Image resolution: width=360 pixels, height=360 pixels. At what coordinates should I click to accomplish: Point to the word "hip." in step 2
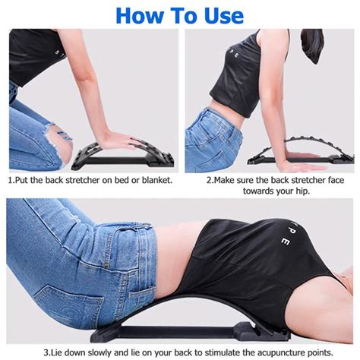[x=303, y=191]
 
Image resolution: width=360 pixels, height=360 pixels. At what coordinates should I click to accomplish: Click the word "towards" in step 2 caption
[x=258, y=191]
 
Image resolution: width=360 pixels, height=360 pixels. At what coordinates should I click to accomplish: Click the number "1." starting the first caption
[x=11, y=180]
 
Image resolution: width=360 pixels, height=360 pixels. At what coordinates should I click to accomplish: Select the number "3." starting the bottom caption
[x=47, y=352]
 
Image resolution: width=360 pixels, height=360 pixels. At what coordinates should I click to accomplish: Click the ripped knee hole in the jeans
[x=61, y=142]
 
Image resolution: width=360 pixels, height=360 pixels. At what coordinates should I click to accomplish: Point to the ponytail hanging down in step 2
[x=312, y=45]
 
